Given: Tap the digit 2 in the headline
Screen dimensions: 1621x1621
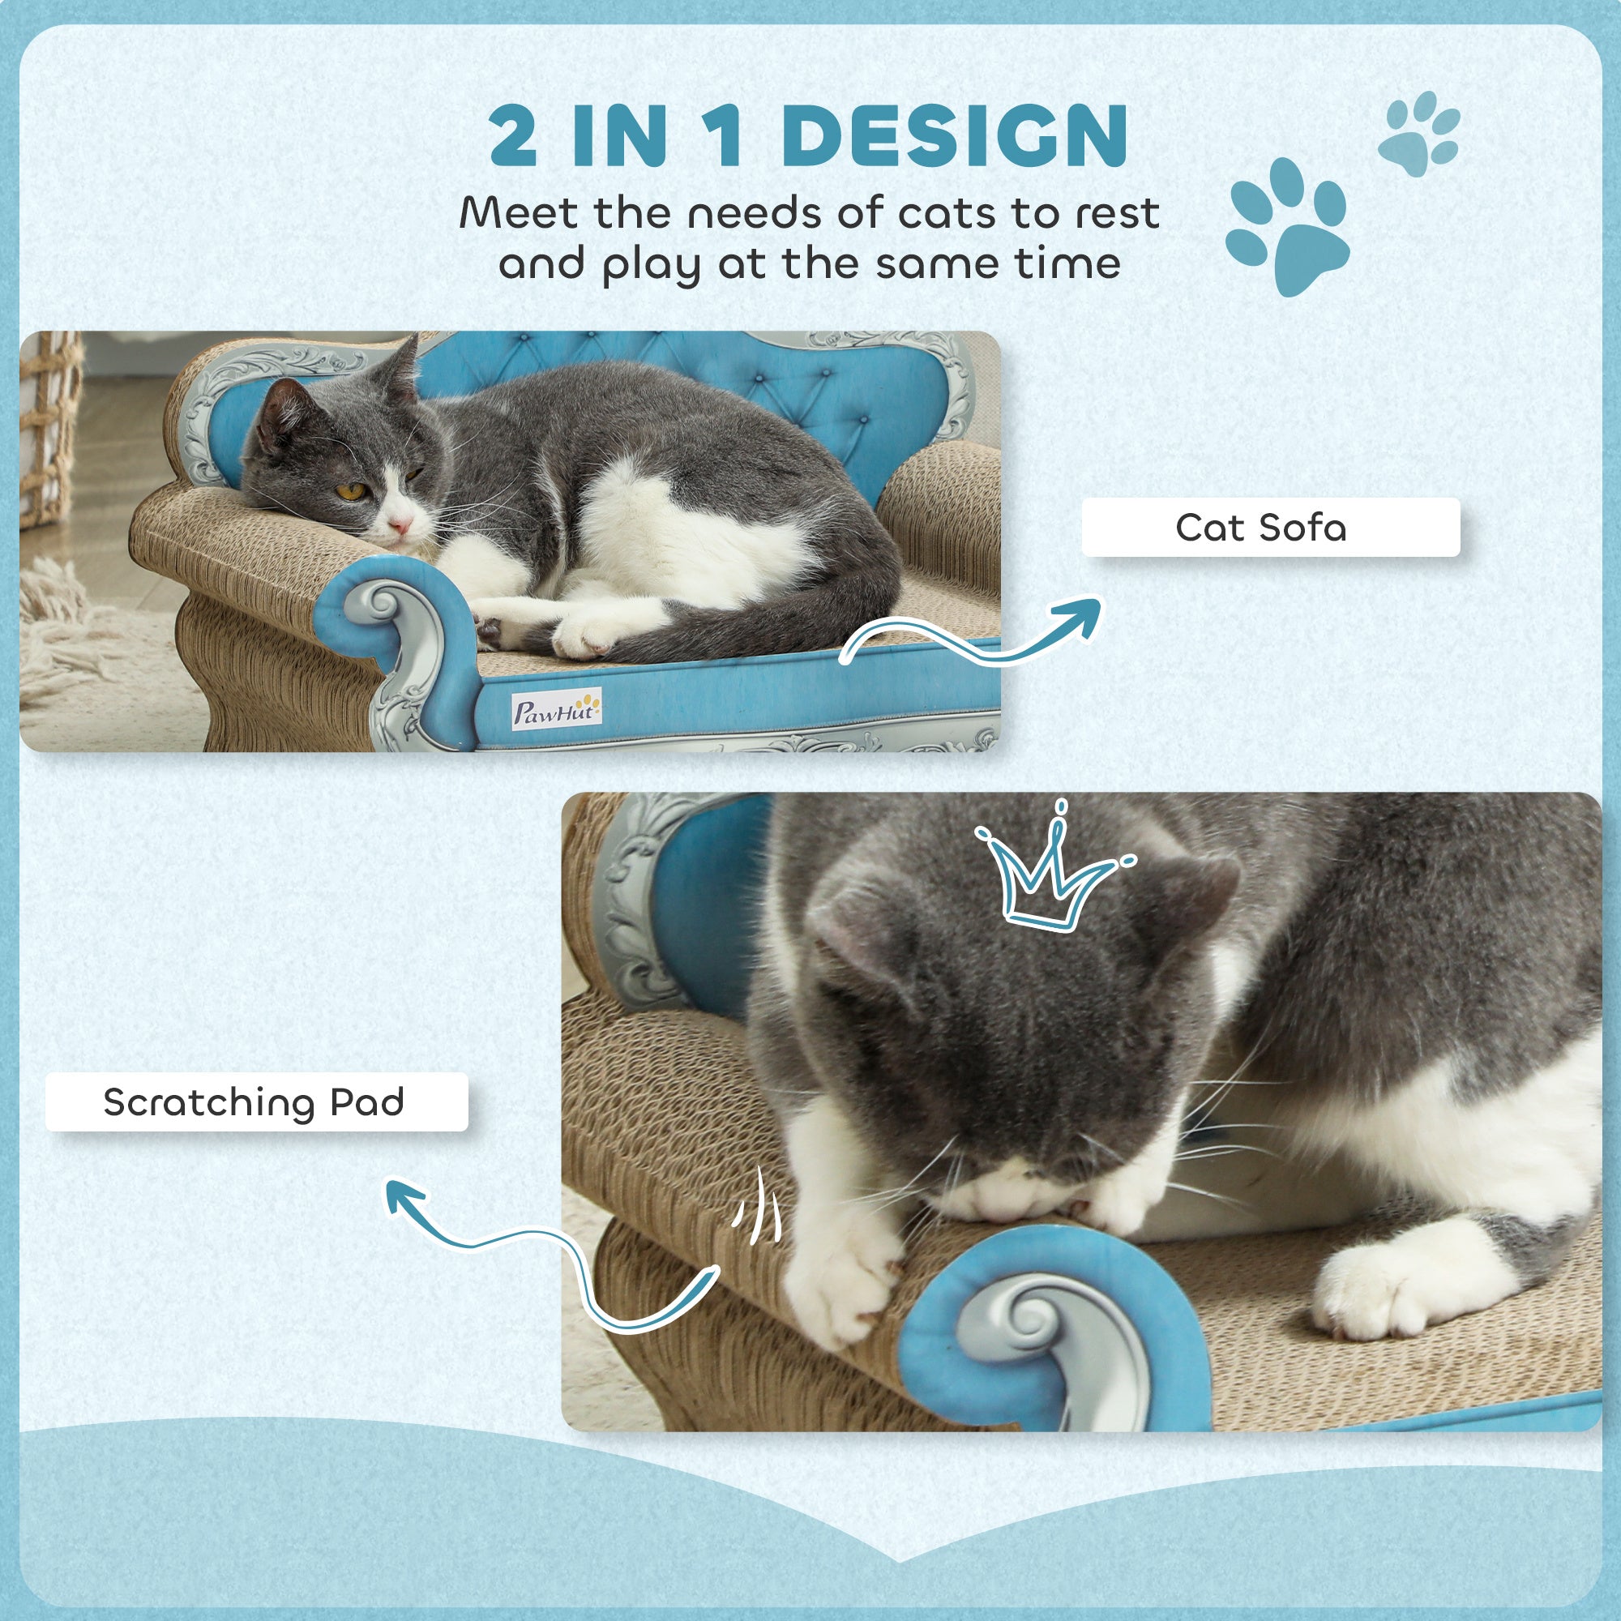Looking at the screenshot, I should tap(513, 136).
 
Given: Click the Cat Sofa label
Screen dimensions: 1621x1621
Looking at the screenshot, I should tap(1269, 527).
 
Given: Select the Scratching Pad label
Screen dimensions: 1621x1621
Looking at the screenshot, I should tap(255, 1101).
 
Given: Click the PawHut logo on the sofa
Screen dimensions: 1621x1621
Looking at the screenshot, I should tap(556, 711).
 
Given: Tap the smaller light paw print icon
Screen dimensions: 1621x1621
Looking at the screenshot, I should tap(1419, 134).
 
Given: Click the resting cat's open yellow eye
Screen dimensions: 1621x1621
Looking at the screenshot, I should tap(352, 491).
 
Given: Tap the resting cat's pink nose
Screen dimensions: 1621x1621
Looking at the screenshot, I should tap(401, 526).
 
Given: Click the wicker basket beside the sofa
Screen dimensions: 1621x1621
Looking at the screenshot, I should tap(49, 428).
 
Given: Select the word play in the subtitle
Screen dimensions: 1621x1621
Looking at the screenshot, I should tap(651, 265).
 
